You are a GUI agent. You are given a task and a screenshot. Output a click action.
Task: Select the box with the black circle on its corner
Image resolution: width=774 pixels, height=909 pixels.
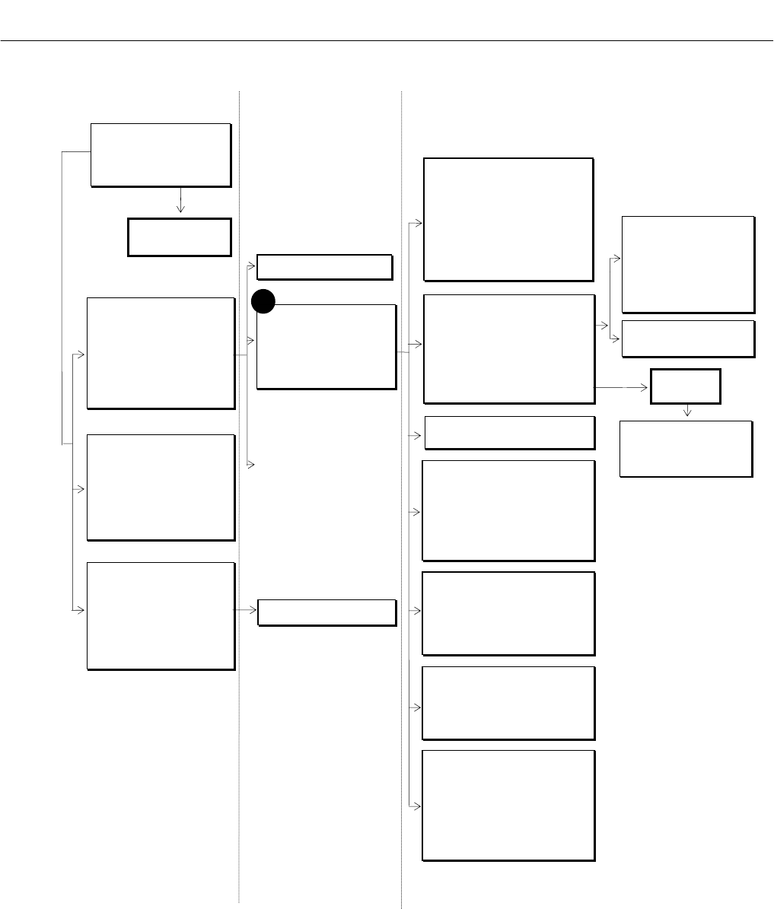[x=326, y=348]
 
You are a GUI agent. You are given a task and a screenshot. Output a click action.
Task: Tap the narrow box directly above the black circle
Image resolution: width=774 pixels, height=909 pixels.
[x=324, y=267]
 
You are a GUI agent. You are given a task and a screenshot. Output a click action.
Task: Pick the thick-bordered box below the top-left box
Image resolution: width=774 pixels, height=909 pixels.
[x=180, y=237]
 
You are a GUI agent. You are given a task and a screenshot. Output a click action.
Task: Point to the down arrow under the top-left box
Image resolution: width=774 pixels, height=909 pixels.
[x=180, y=205]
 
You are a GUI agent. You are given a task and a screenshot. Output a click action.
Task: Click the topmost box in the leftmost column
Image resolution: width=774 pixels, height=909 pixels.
[x=161, y=154]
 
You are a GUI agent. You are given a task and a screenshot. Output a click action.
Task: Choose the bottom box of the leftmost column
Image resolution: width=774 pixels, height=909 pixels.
[x=161, y=616]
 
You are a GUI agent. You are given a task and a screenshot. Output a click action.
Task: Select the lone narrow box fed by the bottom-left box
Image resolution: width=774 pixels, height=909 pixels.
[x=326, y=612]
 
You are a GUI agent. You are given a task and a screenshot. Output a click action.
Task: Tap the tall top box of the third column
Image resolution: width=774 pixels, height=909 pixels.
[x=508, y=220]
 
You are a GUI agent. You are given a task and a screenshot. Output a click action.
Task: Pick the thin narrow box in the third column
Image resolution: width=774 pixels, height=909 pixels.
[x=509, y=433]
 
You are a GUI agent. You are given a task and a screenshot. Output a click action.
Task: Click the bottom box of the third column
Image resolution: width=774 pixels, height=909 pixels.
[x=508, y=806]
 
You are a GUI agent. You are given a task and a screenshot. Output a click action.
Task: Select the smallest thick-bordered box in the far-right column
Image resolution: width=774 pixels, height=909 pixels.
[x=685, y=386]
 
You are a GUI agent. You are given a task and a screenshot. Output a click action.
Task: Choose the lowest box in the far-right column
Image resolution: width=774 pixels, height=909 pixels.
[x=686, y=449]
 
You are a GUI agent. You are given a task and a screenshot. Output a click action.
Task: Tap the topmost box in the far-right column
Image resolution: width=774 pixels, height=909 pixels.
[x=688, y=265]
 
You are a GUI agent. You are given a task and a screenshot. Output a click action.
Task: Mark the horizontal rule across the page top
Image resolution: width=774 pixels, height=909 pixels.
[x=387, y=40]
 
